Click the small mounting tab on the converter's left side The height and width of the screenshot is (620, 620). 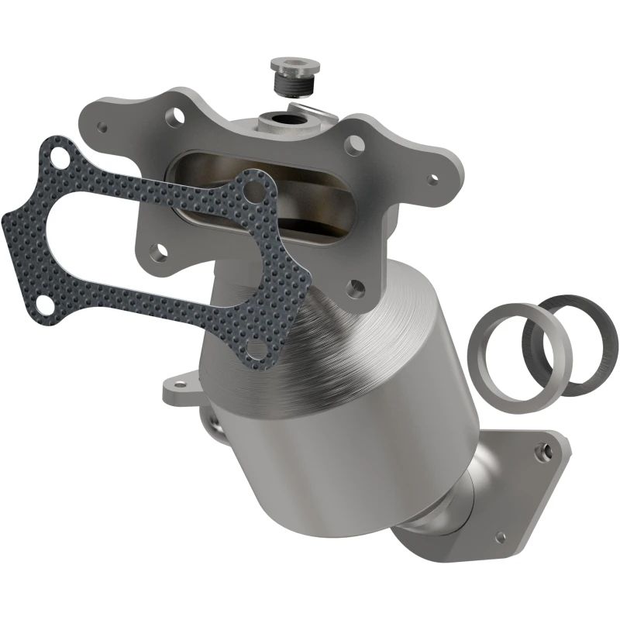[x=174, y=389]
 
